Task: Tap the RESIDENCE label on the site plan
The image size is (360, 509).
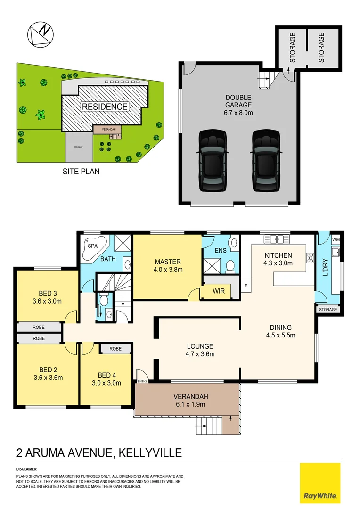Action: (x=105, y=107)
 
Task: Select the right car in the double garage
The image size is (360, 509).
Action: (x=266, y=160)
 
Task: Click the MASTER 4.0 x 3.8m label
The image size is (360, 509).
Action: (x=168, y=265)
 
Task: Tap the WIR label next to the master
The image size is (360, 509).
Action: (x=219, y=292)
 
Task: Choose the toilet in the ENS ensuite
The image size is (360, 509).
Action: (x=230, y=267)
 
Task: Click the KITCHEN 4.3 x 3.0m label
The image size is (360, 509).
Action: (x=278, y=259)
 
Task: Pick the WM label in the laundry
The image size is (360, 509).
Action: (x=335, y=240)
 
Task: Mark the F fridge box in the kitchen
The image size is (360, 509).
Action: (x=245, y=286)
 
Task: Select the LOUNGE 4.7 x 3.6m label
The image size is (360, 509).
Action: (x=200, y=350)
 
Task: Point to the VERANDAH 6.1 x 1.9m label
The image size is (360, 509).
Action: (x=190, y=400)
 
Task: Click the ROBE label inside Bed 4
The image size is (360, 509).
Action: (x=115, y=349)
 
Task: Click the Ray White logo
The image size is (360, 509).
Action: (x=320, y=483)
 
